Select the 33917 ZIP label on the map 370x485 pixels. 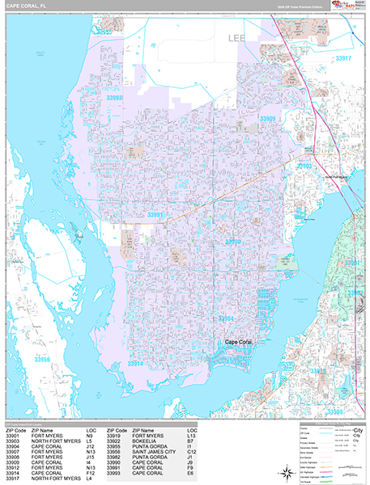coord(343,58)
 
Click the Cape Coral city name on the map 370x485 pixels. coord(244,342)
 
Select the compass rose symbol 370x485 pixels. coord(284,471)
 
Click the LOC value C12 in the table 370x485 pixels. coord(192,453)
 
